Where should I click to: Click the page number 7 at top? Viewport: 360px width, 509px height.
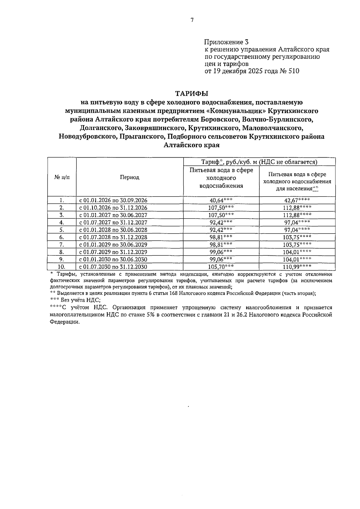192,20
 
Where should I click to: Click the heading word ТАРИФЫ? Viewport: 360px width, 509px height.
192,94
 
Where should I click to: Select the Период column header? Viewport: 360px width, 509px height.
130,177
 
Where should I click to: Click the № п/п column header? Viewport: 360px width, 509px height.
62,177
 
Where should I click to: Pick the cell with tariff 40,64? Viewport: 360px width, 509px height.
221,200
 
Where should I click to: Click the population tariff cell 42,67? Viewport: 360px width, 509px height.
297,200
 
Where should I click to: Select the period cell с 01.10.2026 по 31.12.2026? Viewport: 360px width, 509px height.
113,208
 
